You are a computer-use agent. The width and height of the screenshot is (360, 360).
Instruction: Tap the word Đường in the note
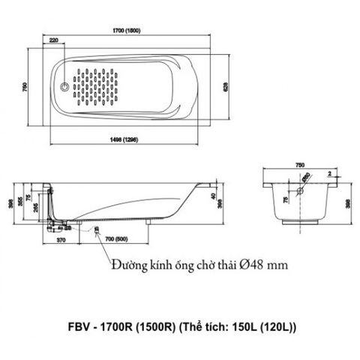(126, 265)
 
